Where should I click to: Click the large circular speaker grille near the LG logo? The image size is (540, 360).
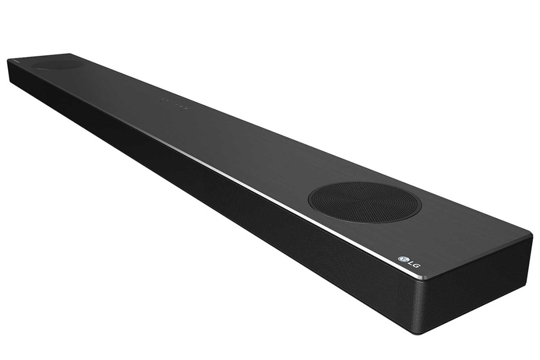point(364,202)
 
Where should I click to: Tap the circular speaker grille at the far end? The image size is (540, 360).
point(57,65)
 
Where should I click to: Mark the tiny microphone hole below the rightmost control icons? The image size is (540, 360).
point(182,110)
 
